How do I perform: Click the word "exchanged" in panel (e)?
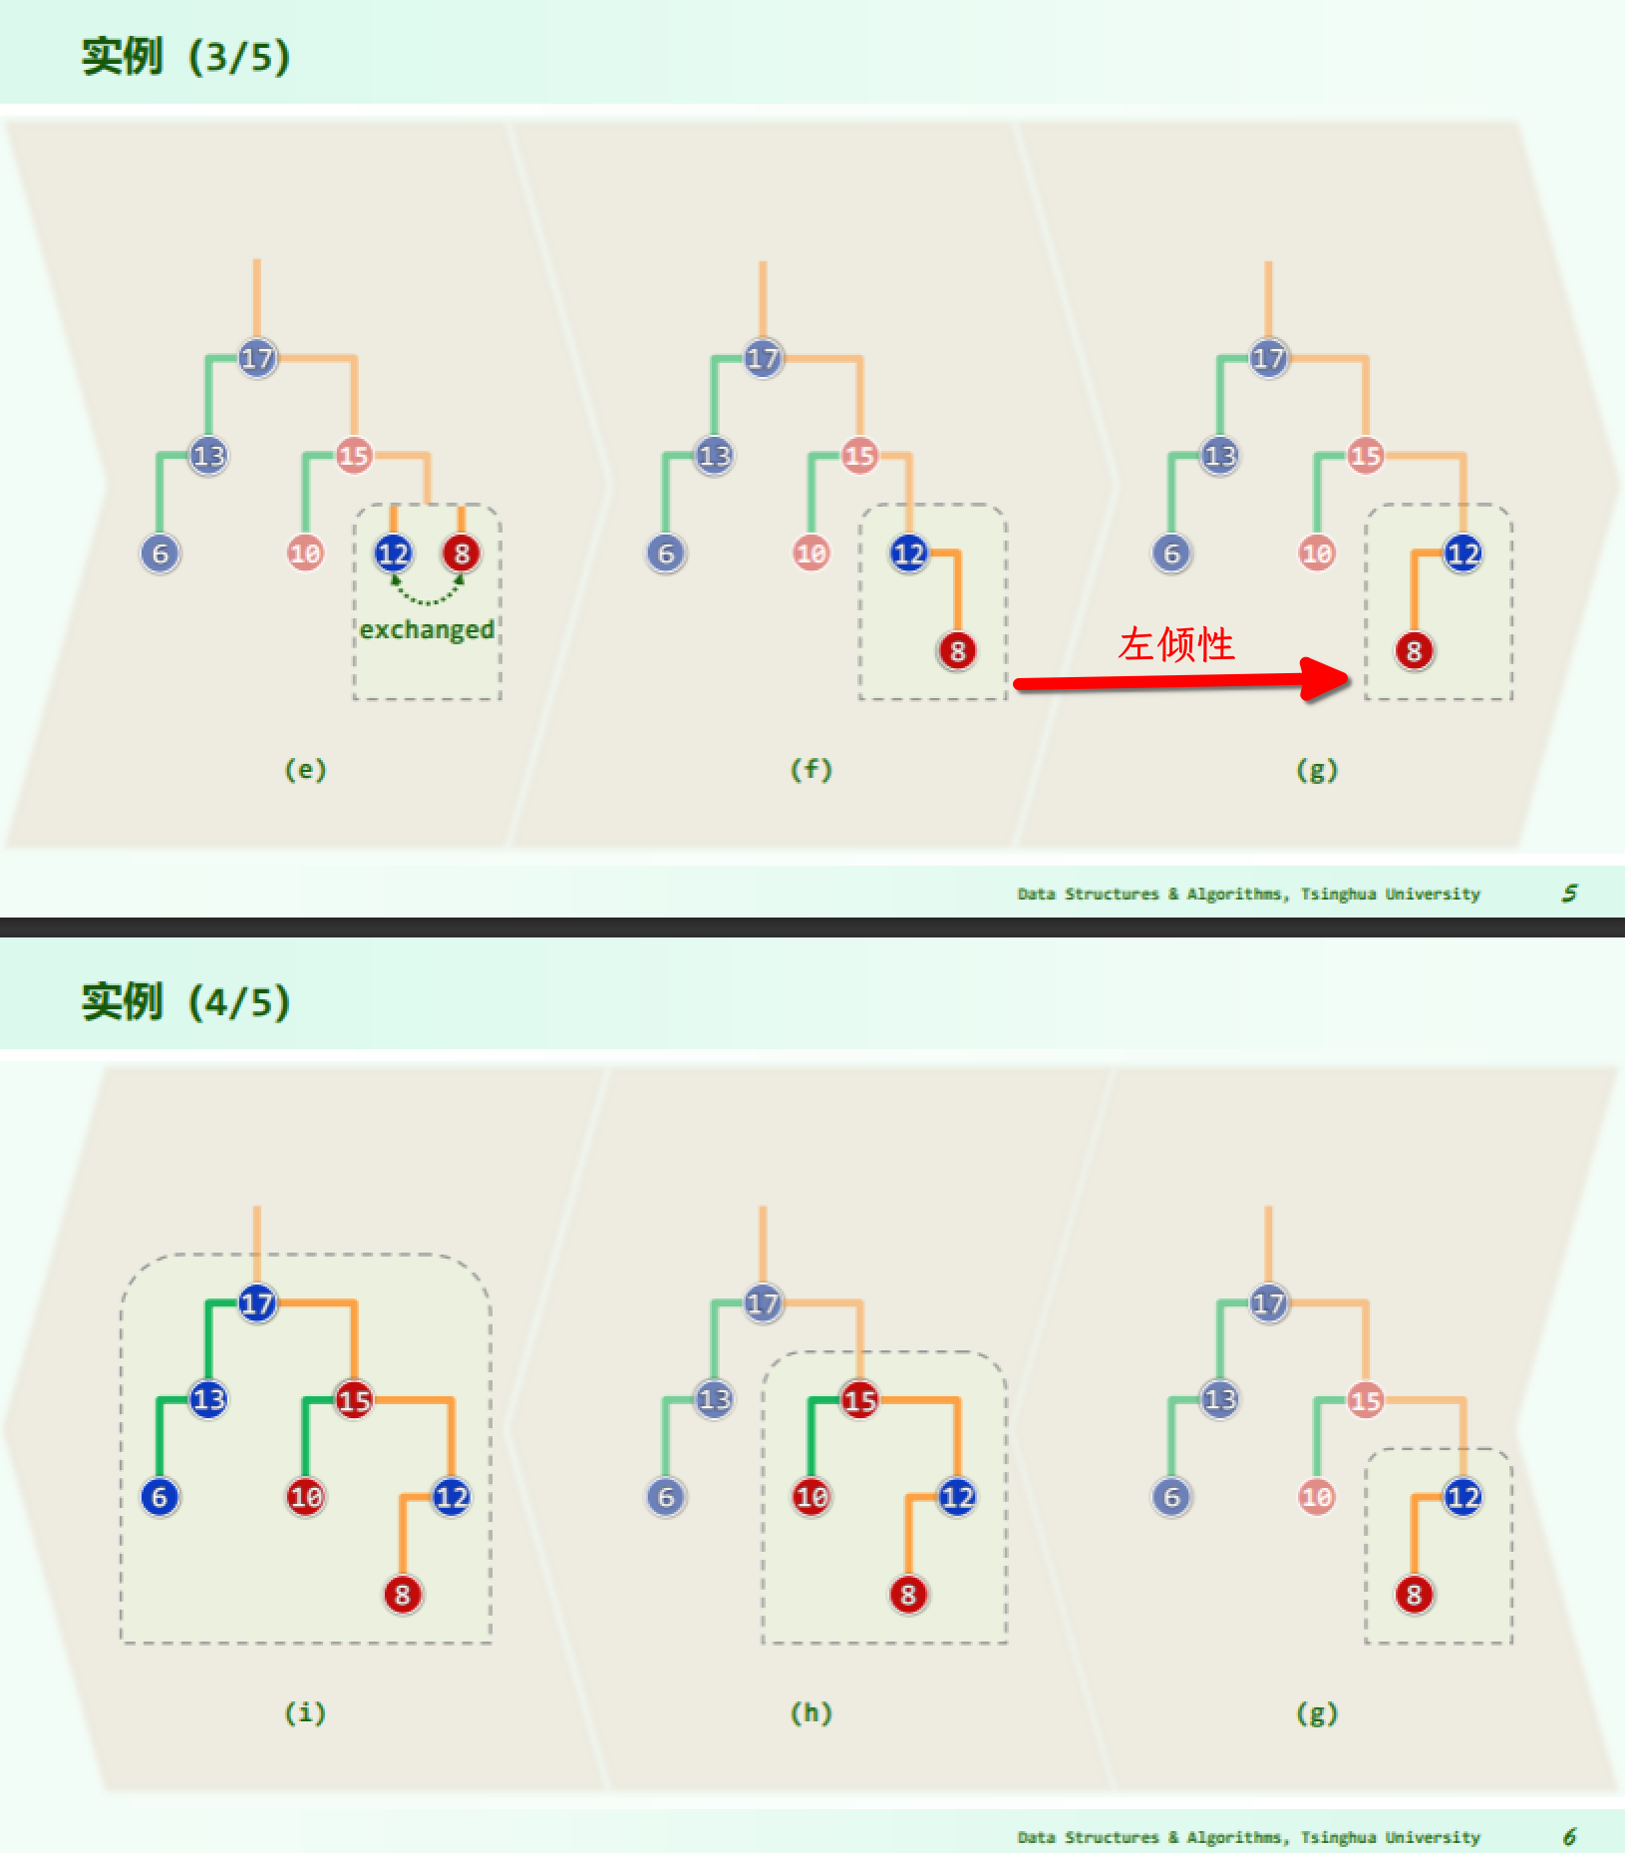[427, 630]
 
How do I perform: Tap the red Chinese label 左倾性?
[1176, 644]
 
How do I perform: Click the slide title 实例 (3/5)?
[185, 56]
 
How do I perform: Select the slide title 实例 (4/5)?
[185, 1000]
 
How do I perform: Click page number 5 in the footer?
[1569, 893]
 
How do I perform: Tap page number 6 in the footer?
[1569, 1836]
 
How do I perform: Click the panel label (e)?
[305, 769]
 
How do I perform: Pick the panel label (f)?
[811, 769]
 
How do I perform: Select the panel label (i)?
[305, 1712]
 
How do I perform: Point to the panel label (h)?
[811, 1712]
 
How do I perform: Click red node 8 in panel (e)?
[461, 553]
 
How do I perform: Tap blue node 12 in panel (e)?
[393, 553]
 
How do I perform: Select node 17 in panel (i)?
[256, 1302]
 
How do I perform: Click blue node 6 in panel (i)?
[160, 1497]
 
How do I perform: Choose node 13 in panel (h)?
[714, 1399]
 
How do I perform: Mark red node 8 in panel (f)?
[957, 651]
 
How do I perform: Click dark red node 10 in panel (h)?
[811, 1497]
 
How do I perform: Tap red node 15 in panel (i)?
[354, 1399]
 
